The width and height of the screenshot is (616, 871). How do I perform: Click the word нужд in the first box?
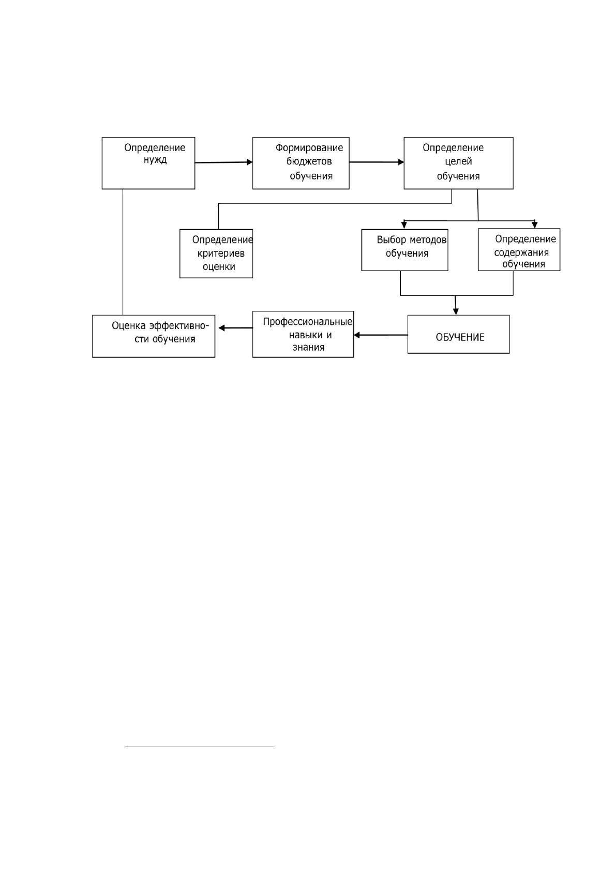[155, 160]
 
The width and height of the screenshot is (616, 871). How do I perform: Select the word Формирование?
[309, 148]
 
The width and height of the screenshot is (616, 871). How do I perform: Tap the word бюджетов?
[309, 161]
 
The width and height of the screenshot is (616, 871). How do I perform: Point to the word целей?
[458, 161]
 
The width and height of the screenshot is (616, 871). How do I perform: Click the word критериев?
[221, 254]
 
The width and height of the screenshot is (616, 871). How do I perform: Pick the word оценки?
[219, 267]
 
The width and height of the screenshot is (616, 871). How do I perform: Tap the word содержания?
[521, 253]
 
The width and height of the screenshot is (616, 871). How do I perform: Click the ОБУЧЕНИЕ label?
[460, 337]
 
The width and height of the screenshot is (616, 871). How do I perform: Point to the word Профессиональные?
[308, 322]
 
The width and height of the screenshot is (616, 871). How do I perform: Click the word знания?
[308, 347]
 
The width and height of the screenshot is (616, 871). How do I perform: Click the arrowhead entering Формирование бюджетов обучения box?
[250, 162]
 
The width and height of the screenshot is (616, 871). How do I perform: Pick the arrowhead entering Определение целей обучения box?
[401, 162]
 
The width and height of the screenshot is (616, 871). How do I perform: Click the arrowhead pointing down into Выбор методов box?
[404, 225]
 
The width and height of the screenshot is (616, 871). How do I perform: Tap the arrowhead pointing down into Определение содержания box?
[535, 225]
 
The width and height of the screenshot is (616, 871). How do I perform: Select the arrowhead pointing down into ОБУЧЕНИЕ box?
[456, 311]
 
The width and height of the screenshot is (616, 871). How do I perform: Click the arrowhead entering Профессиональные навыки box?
[357, 335]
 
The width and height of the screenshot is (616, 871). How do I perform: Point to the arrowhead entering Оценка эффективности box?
[222, 328]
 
